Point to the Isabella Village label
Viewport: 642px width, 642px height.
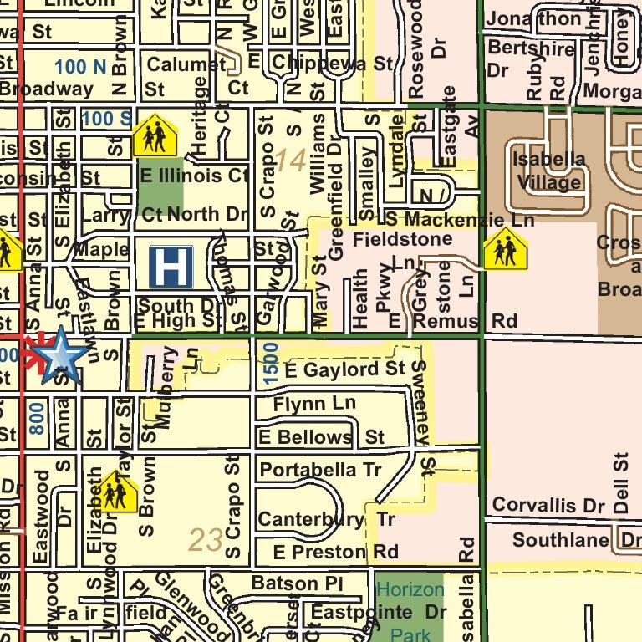point(548,171)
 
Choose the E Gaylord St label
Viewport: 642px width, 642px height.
point(344,369)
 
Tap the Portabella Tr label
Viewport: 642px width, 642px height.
point(320,471)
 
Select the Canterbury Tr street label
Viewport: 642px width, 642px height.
point(326,520)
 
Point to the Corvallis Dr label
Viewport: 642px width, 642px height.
point(548,506)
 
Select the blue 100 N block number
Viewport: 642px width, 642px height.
point(80,65)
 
